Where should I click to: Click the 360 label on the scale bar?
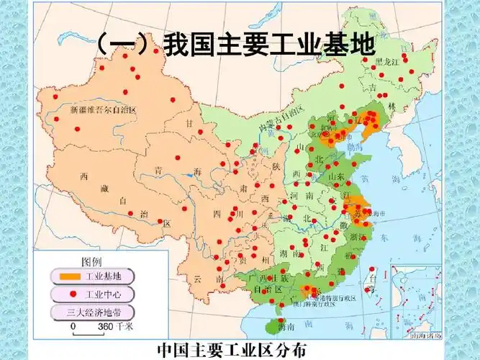[x=105, y=326]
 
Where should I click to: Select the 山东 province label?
[x=337, y=175]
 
